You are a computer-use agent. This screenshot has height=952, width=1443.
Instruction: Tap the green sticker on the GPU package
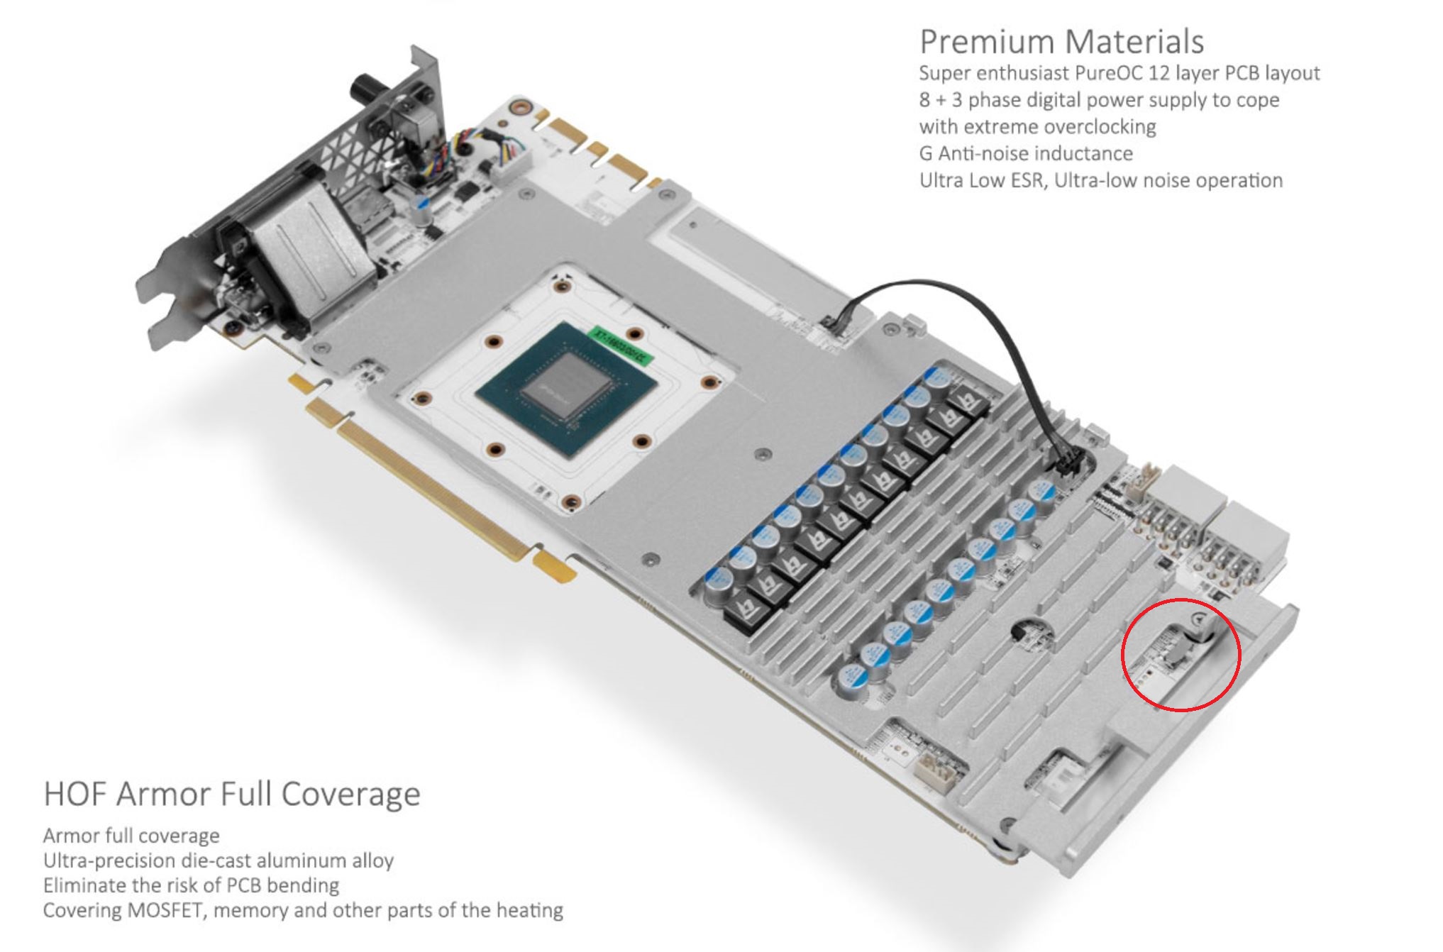click(x=620, y=345)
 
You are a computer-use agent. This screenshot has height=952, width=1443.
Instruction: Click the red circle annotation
click(x=1181, y=654)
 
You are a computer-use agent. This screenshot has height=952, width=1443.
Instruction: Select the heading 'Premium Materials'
click(x=1062, y=41)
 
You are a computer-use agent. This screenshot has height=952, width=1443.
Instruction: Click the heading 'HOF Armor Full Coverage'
click(x=232, y=793)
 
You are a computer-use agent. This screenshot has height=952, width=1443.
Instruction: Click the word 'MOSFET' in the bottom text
click(x=165, y=910)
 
